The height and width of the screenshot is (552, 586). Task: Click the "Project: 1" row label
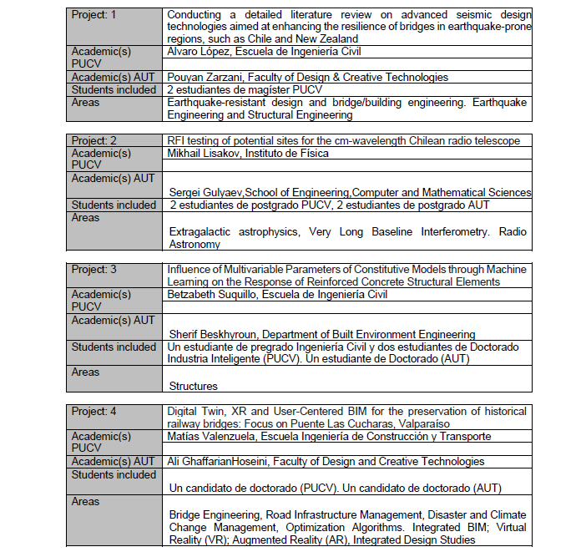click(93, 14)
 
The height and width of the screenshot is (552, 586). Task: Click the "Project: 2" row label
click(93, 140)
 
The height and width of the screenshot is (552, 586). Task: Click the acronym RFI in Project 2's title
click(176, 140)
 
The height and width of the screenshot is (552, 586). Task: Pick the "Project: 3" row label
click(93, 270)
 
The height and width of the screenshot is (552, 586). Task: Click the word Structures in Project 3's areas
click(193, 386)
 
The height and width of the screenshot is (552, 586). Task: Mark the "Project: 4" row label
click(93, 412)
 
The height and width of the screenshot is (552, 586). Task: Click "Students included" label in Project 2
click(114, 205)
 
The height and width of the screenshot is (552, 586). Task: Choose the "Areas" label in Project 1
click(85, 103)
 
